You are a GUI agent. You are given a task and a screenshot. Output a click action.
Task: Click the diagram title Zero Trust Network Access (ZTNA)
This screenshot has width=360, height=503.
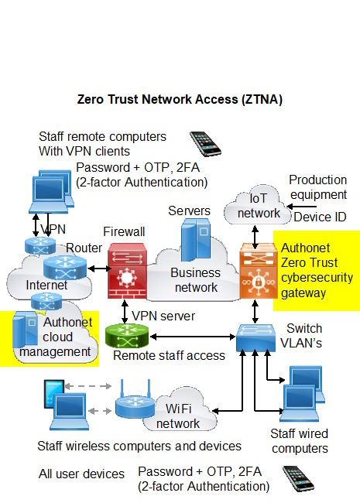pos(180,100)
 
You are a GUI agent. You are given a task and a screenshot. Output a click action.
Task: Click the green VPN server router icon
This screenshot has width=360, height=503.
pos(126,336)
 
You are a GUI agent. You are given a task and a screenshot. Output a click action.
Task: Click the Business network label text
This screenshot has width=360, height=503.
pos(195,279)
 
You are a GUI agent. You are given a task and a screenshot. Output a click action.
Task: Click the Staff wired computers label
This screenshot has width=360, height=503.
pos(299,441)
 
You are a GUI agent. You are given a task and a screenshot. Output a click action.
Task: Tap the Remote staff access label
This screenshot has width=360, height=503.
pos(169,356)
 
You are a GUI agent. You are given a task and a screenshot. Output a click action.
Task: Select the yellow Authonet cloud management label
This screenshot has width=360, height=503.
pos(67,337)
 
